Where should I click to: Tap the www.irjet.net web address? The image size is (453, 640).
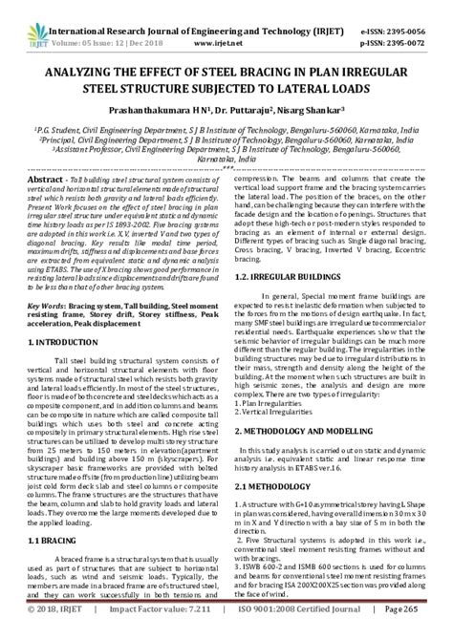[x=212, y=30]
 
